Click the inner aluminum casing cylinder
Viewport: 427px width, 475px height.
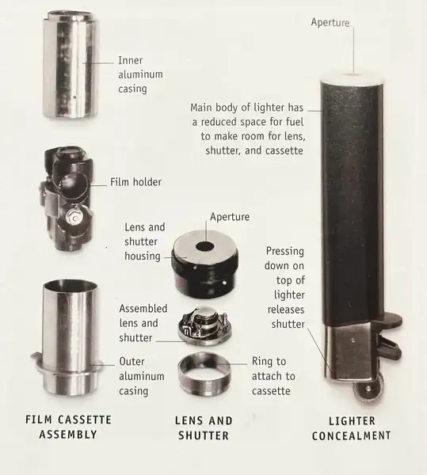[71, 65]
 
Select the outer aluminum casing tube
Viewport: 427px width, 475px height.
[68, 338]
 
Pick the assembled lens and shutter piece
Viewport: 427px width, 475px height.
[205, 325]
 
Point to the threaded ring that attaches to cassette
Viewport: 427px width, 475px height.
[204, 373]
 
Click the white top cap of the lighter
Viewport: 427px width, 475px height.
[353, 78]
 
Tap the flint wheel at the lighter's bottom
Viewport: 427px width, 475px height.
[368, 389]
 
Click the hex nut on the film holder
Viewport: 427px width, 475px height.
[74, 216]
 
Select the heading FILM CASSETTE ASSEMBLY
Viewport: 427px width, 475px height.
[68, 427]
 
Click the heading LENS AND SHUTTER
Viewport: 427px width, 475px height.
[204, 427]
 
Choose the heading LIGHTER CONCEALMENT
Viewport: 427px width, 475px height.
[352, 428]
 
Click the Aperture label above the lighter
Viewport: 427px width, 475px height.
[330, 22]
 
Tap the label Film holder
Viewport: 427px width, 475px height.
[135, 182]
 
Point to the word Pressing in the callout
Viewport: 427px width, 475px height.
[285, 252]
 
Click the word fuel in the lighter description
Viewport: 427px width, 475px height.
[294, 122]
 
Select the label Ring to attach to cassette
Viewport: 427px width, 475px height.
[273, 376]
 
